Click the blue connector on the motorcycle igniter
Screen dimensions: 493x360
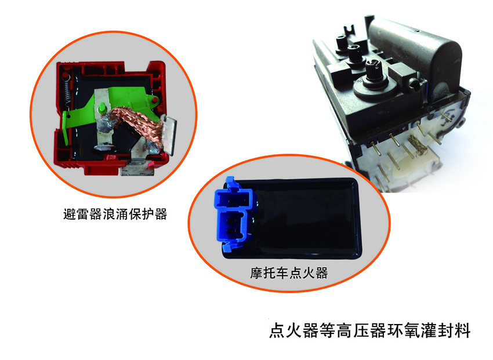pos(234,214)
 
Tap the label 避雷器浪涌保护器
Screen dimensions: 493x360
pos(115,214)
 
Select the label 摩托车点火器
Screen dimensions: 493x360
pos(289,272)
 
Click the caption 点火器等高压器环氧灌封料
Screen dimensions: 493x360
pos(370,330)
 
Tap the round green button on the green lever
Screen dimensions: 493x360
pos(102,108)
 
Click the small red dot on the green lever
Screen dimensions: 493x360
pos(155,100)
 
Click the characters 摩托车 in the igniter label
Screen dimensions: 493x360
pos(270,272)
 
